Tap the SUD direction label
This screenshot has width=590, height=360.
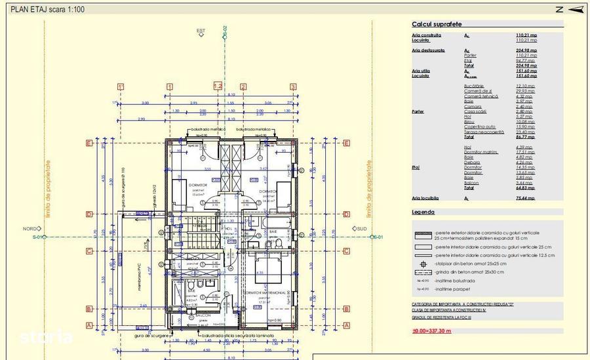click(x=361, y=229)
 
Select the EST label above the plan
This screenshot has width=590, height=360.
click(x=201, y=31)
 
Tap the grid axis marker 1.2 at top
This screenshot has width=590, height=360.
click(x=218, y=86)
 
